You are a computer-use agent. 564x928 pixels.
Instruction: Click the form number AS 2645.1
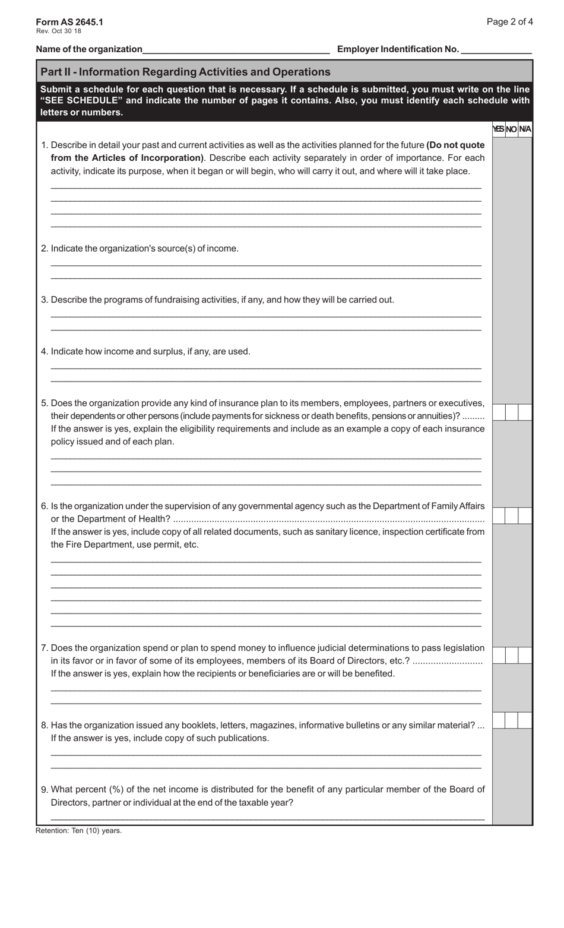[x=69, y=22]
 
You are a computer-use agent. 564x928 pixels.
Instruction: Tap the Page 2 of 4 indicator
[x=509, y=22]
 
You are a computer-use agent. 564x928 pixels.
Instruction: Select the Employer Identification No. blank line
[x=496, y=50]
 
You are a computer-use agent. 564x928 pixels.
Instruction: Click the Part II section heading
[x=185, y=72]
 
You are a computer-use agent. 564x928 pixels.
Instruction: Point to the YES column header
[x=498, y=129]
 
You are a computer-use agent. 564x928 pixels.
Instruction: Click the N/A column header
[x=525, y=129]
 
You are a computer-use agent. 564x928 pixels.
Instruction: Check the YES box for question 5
[x=499, y=412]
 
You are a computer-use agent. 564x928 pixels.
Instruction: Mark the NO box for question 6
[x=511, y=516]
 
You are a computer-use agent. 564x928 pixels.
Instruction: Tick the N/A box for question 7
[x=525, y=655]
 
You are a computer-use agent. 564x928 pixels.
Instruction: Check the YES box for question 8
[x=499, y=720]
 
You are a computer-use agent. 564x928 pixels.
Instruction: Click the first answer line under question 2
[x=265, y=265]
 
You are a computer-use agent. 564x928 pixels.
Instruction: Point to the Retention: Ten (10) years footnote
[x=78, y=831]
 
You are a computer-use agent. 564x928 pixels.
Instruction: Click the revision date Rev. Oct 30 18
[x=58, y=31]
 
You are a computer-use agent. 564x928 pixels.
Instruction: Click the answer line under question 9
[x=267, y=819]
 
